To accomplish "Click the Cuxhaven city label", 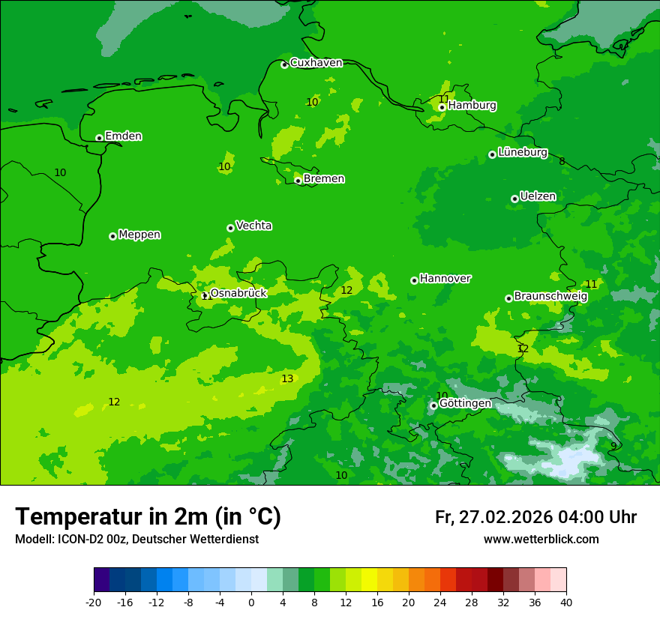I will (x=316, y=63).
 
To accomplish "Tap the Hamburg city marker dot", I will (x=442, y=107).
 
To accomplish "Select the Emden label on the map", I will (x=123, y=136).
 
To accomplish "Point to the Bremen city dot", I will (x=298, y=181).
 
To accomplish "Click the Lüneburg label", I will (x=522, y=152).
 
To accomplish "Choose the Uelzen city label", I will (x=538, y=197).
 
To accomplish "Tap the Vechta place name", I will (x=253, y=226).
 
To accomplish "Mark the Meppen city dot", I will (x=112, y=236).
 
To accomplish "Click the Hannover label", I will (x=445, y=279).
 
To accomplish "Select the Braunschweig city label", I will (x=550, y=296).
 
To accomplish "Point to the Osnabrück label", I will (x=238, y=293).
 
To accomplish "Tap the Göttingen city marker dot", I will (x=433, y=405).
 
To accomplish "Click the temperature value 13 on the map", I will (x=287, y=379).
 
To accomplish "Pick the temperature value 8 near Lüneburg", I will (x=562, y=161).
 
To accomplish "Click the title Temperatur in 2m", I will (x=148, y=517).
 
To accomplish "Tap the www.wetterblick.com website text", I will (x=541, y=540).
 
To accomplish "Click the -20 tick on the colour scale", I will (x=94, y=602).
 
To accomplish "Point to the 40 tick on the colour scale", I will (x=565, y=602).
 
